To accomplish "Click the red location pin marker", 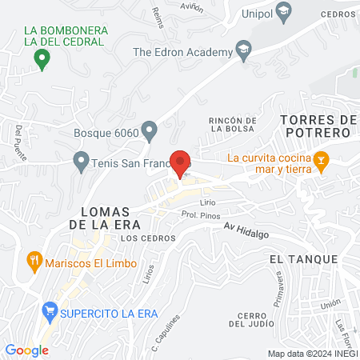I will (180, 163).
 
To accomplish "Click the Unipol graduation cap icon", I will (283, 11).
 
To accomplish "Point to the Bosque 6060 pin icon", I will (149, 130).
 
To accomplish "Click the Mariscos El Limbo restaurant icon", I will (34, 259).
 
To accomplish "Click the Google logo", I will (27, 350).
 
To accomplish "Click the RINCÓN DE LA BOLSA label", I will (233, 125).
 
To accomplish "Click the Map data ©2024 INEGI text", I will (313, 353).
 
